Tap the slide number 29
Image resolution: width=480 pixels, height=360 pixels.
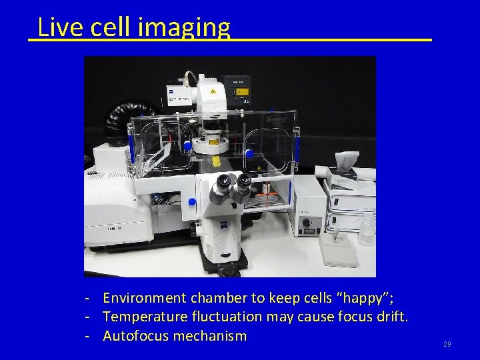pyautogui.click(x=447, y=344)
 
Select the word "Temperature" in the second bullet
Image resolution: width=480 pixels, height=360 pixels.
pyautogui.click(x=148, y=316)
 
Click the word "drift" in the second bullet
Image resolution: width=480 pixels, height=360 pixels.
pyautogui.click(x=392, y=316)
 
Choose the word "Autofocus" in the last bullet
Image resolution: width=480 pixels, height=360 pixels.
pyautogui.click(x=137, y=335)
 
